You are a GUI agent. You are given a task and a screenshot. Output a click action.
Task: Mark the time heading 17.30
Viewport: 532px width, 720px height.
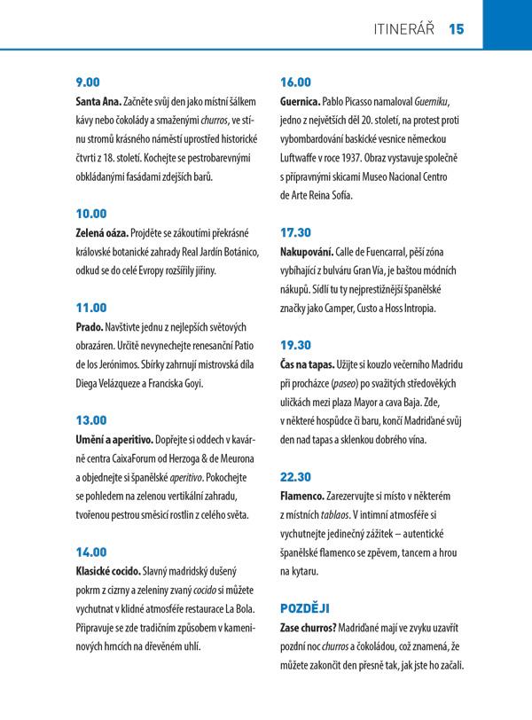[295, 232]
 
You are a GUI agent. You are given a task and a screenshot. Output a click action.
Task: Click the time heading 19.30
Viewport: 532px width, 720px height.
[295, 344]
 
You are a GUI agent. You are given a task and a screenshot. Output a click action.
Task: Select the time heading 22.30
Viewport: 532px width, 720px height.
[295, 476]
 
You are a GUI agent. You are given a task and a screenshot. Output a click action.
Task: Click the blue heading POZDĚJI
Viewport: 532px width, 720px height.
[305, 607]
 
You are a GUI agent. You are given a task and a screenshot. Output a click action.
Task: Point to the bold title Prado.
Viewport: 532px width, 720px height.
[90, 327]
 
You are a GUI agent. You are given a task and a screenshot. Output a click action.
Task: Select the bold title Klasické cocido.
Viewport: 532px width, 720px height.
[112, 570]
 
